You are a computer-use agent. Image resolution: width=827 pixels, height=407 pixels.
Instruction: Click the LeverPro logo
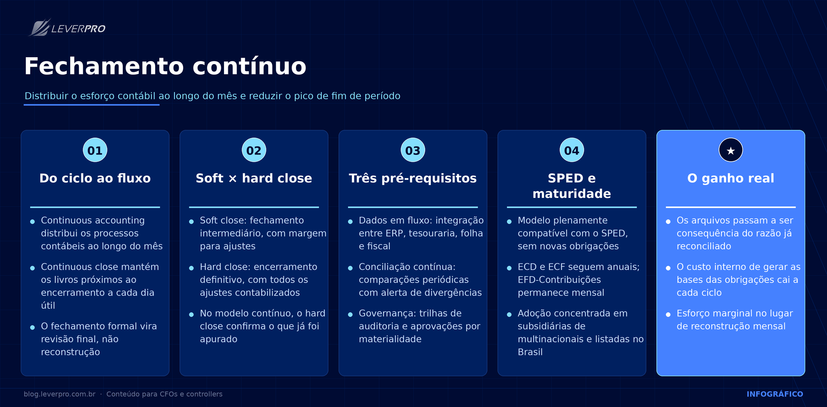pyautogui.click(x=67, y=28)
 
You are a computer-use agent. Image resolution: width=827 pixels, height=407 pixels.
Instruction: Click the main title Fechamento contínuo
pyautogui.click(x=165, y=66)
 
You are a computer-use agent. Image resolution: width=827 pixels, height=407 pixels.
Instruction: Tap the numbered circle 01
pyautogui.click(x=95, y=150)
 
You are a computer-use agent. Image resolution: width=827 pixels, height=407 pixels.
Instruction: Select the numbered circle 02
pyautogui.click(x=254, y=150)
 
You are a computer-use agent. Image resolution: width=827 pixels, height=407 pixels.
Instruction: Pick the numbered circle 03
pyautogui.click(x=413, y=150)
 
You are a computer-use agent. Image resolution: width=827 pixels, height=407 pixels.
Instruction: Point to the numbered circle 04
pyautogui.click(x=572, y=150)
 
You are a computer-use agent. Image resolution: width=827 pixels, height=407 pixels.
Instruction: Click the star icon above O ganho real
pyautogui.click(x=731, y=150)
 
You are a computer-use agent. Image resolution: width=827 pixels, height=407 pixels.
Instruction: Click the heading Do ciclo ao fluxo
pyautogui.click(x=95, y=178)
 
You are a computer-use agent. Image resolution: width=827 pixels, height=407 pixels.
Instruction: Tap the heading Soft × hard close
pyautogui.click(x=254, y=178)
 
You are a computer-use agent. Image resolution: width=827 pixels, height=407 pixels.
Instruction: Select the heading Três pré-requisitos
pyautogui.click(x=413, y=178)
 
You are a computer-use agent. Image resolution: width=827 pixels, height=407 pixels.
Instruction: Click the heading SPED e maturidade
pyautogui.click(x=572, y=186)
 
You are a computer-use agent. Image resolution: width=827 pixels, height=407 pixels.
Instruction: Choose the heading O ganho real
pyautogui.click(x=731, y=178)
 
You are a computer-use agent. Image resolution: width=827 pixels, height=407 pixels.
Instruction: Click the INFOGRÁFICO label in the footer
pyautogui.click(x=775, y=394)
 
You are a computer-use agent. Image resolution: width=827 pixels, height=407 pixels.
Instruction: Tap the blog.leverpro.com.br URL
pyautogui.click(x=59, y=394)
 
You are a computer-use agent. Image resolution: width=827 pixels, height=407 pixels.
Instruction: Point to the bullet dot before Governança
pyautogui.click(x=351, y=314)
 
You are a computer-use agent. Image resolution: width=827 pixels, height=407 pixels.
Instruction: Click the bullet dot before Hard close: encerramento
pyautogui.click(x=192, y=268)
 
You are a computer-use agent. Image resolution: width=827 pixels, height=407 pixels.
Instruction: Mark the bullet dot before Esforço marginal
pyautogui.click(x=668, y=314)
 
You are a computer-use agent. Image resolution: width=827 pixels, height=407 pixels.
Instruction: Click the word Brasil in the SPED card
pyautogui.click(x=530, y=352)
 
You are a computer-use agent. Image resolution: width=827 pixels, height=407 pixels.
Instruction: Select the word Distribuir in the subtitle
pyautogui.click(x=47, y=96)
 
